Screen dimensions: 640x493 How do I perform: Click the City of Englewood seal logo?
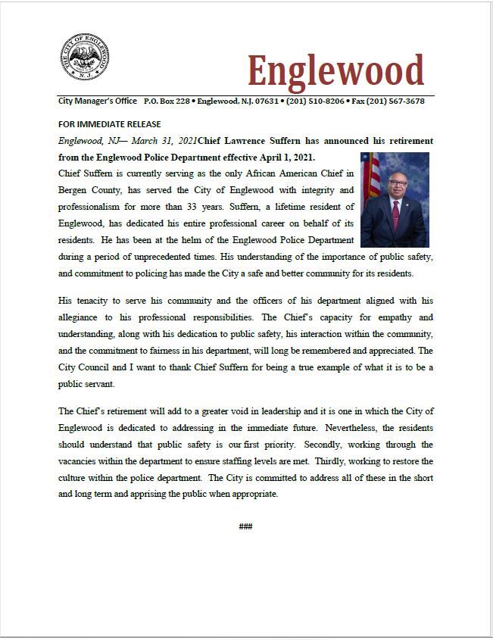tap(84, 57)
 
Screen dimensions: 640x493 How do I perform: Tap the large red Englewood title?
tap(335, 71)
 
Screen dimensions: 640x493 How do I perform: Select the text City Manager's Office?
tap(98, 101)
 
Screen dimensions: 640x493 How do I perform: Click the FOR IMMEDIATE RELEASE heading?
tap(109, 124)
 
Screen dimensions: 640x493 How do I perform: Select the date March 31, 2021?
tap(165, 141)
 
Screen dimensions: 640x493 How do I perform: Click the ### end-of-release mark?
tap(245, 526)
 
